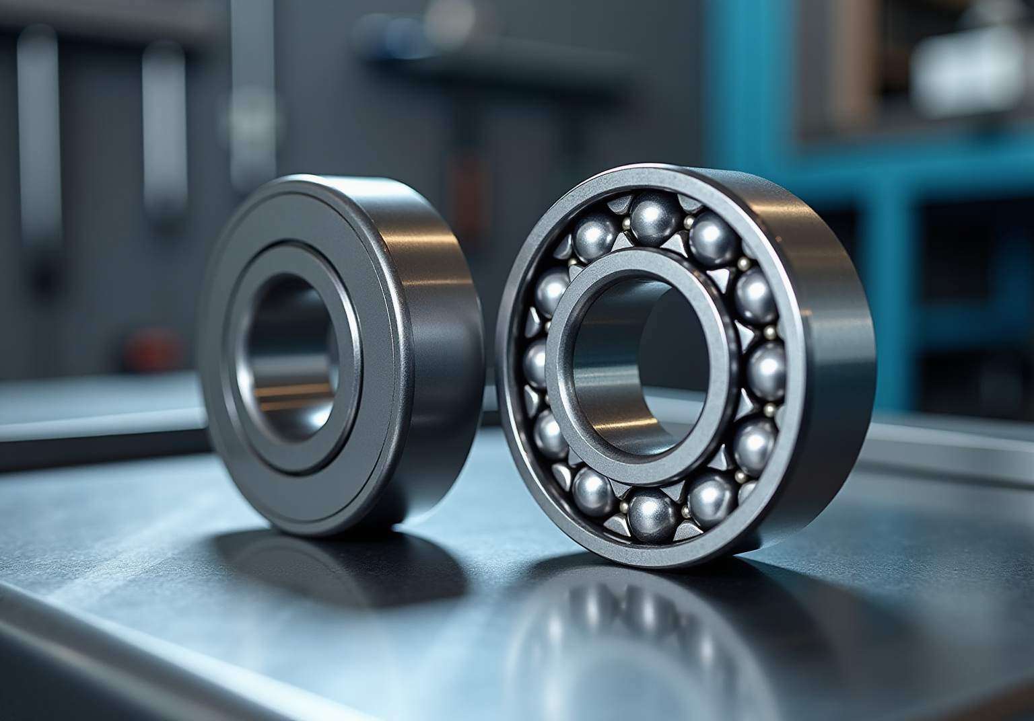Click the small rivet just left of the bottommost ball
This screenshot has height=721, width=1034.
[625, 506]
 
